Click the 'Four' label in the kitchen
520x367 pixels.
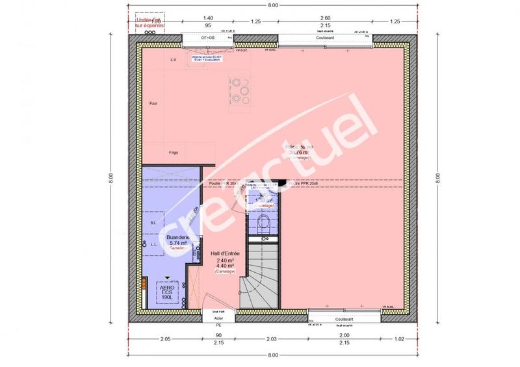(153, 103)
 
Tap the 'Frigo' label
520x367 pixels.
(174, 153)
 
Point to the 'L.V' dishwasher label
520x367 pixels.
(174, 60)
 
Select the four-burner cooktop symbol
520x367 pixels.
(240, 89)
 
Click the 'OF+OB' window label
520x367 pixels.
(207, 38)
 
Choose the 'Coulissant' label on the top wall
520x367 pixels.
(325, 38)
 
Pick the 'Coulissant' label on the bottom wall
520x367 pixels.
(344, 320)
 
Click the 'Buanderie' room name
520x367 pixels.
(177, 238)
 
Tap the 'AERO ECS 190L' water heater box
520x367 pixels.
(166, 292)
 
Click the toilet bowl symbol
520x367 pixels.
(264, 225)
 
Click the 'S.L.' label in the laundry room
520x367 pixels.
(153, 222)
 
